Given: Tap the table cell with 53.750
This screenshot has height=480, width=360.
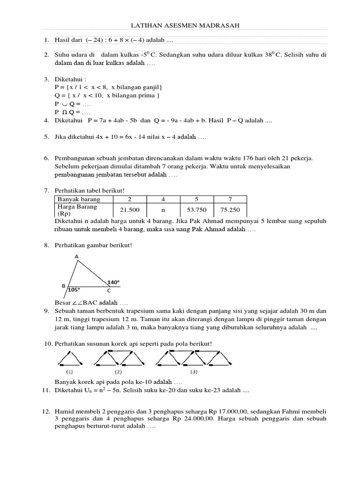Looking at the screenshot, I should (x=196, y=210).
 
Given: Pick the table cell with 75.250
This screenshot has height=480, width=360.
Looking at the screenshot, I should (x=230, y=210).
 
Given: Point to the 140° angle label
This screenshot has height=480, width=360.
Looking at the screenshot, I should (x=113, y=282).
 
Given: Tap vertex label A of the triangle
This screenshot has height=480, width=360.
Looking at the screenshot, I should (x=76, y=256).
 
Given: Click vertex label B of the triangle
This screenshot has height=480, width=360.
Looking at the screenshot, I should (x=64, y=285).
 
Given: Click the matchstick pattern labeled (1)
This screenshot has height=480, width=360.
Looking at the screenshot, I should (x=70, y=359).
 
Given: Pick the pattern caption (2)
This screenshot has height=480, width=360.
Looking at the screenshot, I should (x=118, y=372).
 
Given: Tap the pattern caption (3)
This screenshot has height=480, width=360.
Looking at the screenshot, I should (x=194, y=372).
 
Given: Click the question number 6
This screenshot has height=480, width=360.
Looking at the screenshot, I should (x=46, y=159).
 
